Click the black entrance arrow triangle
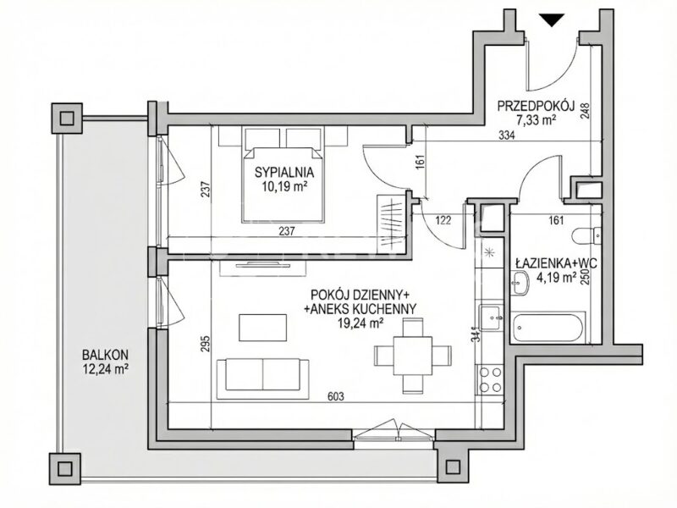click(x=552, y=19)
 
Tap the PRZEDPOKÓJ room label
click(x=536, y=107)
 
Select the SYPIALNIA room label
click(x=284, y=173)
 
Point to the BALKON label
click(x=105, y=355)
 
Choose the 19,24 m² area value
click(x=362, y=323)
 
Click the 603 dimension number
click(x=335, y=396)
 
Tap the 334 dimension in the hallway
click(x=507, y=135)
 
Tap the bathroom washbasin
click(x=520, y=284)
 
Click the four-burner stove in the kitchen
click(x=490, y=379)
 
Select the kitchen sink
click(x=491, y=317)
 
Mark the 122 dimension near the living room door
click(x=443, y=221)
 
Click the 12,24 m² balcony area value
click(x=105, y=369)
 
